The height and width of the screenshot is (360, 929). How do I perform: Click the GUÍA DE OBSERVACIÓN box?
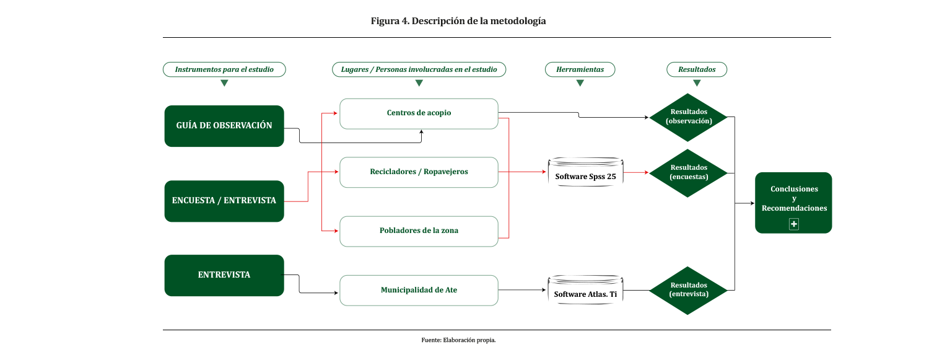click(224, 126)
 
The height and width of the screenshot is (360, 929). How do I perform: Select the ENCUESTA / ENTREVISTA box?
click(224, 201)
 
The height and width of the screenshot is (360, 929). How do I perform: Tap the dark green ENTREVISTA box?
click(224, 275)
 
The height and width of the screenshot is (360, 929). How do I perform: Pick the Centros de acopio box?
click(419, 113)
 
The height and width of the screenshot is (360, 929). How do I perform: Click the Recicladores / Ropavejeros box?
click(419, 172)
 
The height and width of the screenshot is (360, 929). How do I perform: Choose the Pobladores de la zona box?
click(419, 231)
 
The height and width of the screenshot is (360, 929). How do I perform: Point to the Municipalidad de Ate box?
click(419, 290)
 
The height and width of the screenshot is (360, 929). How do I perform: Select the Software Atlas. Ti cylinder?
click(585, 290)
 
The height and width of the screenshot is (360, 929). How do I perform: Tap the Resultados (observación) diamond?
click(688, 117)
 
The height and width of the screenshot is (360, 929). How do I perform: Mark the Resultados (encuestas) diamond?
click(688, 172)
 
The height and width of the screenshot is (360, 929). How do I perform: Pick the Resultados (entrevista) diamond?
click(688, 290)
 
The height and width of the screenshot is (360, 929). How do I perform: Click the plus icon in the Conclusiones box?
click(793, 224)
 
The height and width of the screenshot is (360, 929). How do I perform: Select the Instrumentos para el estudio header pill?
click(224, 69)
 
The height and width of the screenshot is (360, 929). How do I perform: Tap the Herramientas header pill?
click(580, 69)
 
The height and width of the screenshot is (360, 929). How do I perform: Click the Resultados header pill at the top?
click(697, 69)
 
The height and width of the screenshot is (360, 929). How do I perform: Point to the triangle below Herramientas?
click(580, 83)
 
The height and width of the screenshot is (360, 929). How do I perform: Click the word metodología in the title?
click(518, 21)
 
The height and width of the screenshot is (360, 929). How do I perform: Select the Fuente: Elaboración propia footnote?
click(458, 340)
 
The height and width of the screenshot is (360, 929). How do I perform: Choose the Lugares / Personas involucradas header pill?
click(419, 69)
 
